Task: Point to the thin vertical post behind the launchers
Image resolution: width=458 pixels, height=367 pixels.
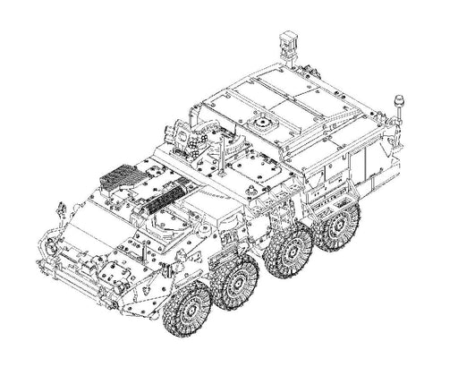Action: coord(223,152)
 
